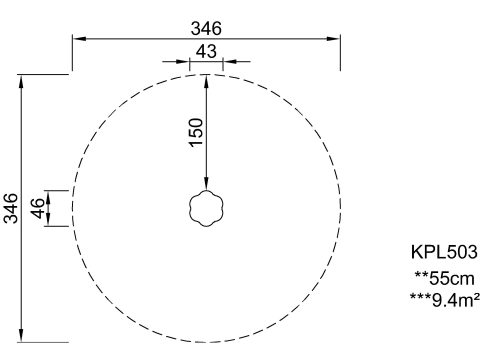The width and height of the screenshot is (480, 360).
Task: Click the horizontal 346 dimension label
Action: click(206, 29)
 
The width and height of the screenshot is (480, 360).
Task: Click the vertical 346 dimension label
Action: click(11, 208)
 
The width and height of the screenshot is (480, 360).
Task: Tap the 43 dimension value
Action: click(206, 52)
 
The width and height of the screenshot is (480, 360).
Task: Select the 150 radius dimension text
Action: click(196, 132)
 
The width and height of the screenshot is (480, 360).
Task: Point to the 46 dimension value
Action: click(38, 208)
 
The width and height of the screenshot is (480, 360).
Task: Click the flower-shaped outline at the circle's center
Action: click(206, 191)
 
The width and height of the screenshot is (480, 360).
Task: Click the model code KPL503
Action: click(444, 252)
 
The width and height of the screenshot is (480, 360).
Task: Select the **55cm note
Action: click(444, 278)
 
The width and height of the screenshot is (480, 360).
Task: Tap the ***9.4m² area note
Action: click(445, 300)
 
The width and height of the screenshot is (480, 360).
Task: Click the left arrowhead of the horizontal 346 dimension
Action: click(80, 39)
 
